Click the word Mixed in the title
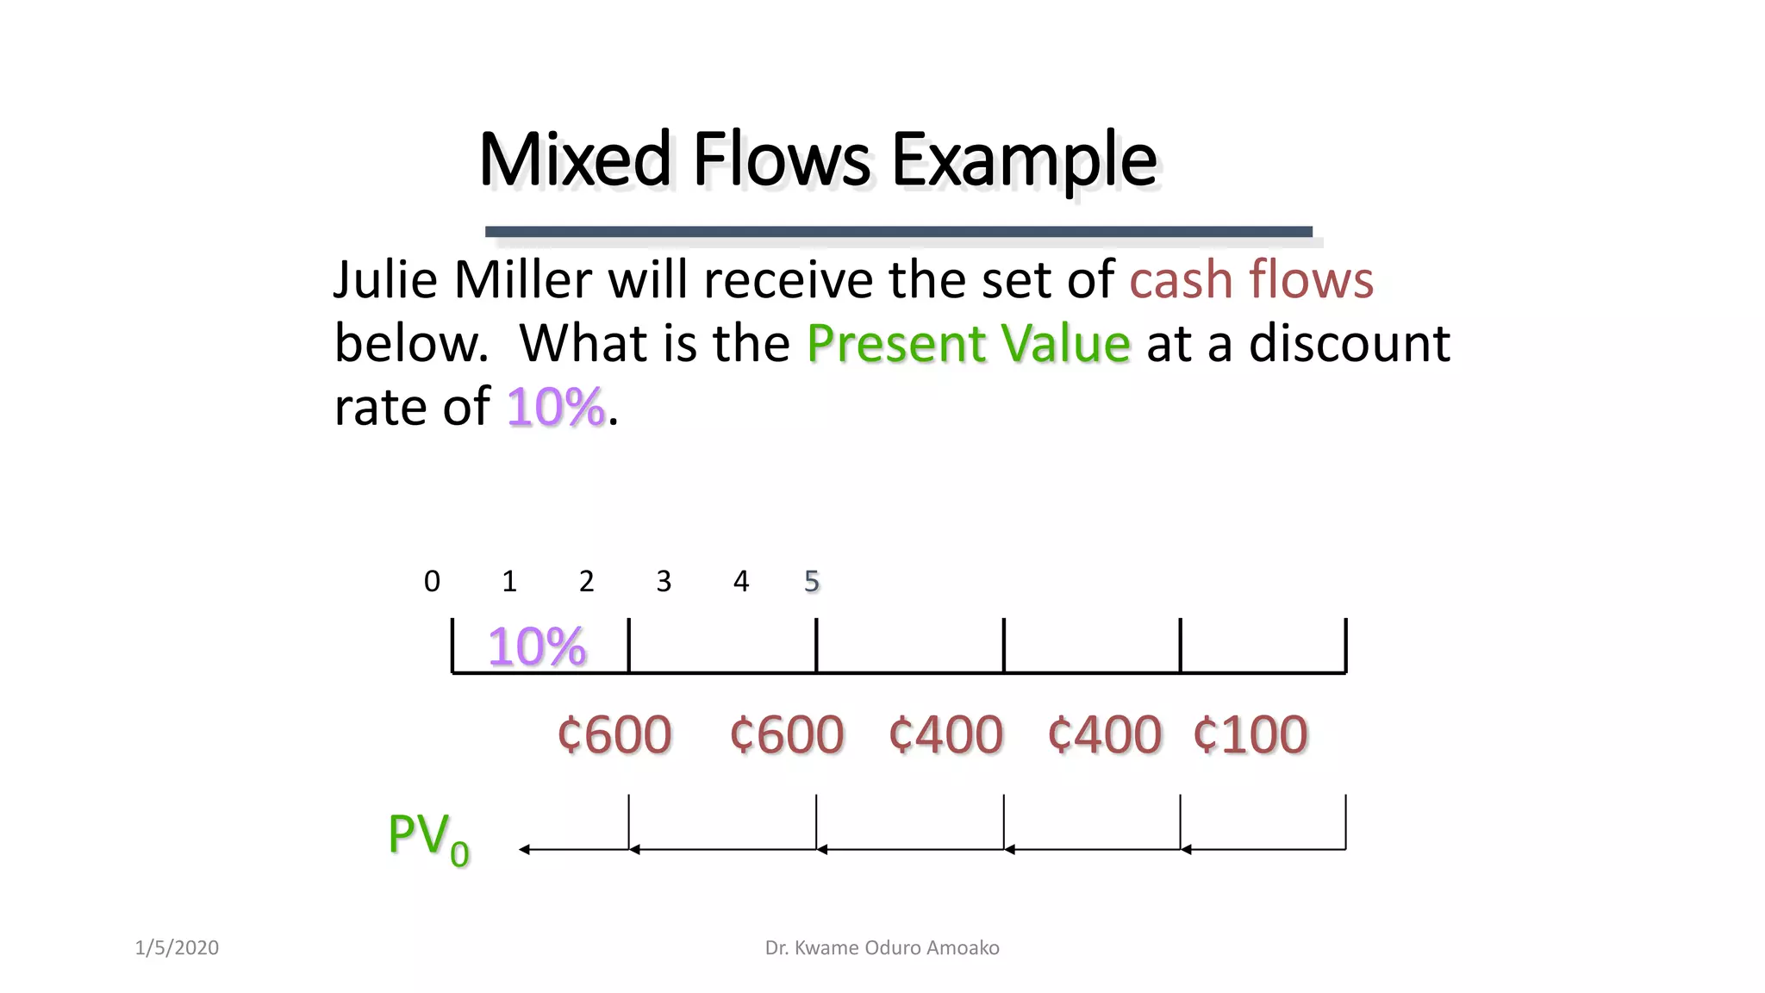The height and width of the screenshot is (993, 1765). (x=575, y=159)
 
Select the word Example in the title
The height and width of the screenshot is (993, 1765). (x=1023, y=161)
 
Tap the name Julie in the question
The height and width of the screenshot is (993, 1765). (x=385, y=280)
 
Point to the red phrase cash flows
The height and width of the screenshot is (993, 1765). (x=1250, y=280)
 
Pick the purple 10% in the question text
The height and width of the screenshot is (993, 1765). (x=555, y=407)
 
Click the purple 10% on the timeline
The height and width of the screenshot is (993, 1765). (x=536, y=646)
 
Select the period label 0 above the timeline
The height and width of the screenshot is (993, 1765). (x=432, y=582)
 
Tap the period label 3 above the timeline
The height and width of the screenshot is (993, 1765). (x=664, y=582)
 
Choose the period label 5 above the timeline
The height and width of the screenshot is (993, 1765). (x=811, y=582)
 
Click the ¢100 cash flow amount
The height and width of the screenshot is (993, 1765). (x=1250, y=735)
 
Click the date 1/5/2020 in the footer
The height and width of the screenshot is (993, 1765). (x=177, y=948)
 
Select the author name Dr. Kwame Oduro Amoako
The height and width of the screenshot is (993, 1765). (x=882, y=948)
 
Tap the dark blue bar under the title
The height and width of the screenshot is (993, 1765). (x=898, y=231)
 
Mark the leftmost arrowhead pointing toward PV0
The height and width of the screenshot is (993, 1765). (x=525, y=850)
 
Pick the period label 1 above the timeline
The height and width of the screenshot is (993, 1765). (x=509, y=582)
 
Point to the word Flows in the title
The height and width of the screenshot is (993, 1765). (x=781, y=159)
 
